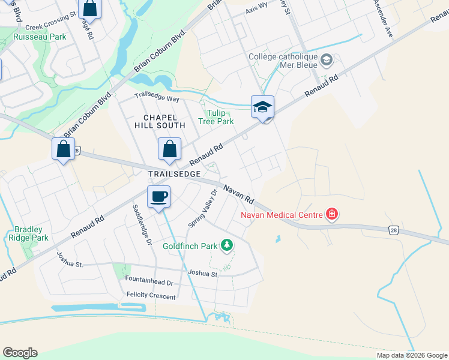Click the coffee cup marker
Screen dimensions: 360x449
(158, 197)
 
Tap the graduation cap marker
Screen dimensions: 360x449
(262, 107)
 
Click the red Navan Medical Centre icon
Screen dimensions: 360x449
(331, 214)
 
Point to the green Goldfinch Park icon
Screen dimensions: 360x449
(227, 245)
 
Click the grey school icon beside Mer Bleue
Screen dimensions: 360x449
(327, 59)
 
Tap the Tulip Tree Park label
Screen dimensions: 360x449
(216, 117)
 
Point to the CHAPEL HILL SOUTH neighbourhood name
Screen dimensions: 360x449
(164, 121)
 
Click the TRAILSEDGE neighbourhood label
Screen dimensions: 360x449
(173, 173)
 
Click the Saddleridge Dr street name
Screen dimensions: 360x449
(139, 227)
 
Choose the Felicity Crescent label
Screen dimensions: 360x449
(151, 296)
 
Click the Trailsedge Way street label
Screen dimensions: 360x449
(157, 98)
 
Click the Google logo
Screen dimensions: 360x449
(20, 353)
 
